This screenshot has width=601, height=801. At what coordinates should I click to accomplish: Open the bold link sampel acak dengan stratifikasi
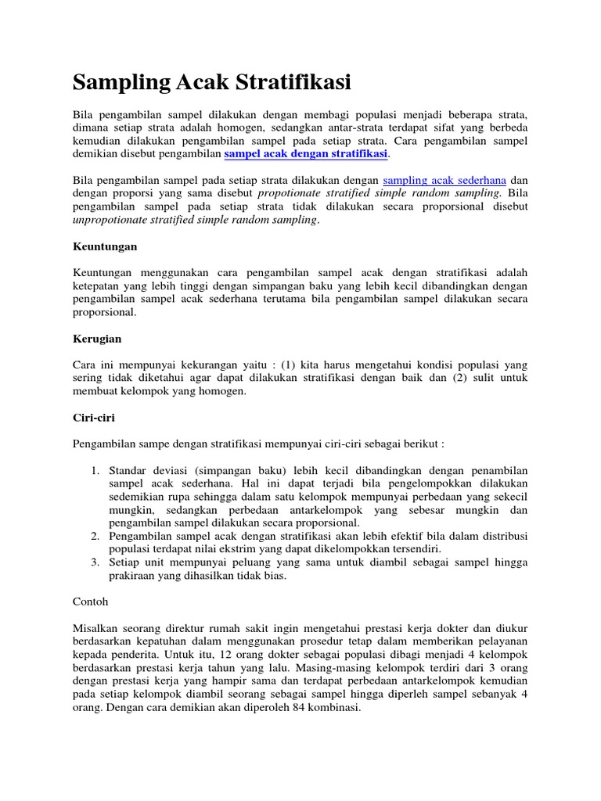(x=306, y=154)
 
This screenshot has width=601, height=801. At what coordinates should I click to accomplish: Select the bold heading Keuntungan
(x=105, y=246)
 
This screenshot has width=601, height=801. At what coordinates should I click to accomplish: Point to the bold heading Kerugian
(x=97, y=339)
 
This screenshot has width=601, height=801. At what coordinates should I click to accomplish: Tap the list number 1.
(x=94, y=470)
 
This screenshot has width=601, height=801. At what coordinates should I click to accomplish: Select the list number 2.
(x=94, y=536)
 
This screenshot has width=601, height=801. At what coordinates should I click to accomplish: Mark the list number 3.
(x=94, y=562)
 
